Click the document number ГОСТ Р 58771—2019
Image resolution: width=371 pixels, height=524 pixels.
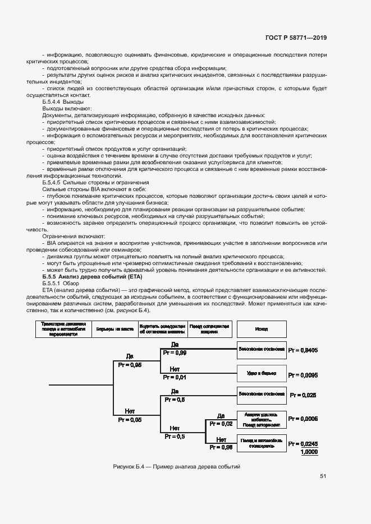[296, 38]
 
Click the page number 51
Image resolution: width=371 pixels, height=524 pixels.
[323, 476]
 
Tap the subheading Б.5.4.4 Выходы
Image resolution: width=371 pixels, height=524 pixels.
[63, 101]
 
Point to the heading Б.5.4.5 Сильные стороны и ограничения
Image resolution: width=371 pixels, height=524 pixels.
[95, 183]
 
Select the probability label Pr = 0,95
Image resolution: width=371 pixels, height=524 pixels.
[130, 364]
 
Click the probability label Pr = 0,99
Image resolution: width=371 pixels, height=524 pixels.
[175, 353]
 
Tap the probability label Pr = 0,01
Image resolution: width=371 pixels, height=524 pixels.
[175, 377]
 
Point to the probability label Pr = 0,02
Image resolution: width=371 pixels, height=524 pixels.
[221, 424]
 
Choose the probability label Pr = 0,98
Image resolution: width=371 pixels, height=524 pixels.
[221, 447]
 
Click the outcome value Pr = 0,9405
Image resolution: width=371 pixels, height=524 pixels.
[303, 350]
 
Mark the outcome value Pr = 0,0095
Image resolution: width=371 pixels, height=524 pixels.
[303, 374]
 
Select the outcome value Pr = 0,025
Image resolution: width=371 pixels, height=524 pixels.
[303, 395]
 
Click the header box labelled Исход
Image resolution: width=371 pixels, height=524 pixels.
[261, 329]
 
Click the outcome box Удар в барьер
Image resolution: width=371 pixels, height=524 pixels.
[261, 372]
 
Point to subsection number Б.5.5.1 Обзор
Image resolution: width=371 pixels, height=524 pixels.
[58, 285]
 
